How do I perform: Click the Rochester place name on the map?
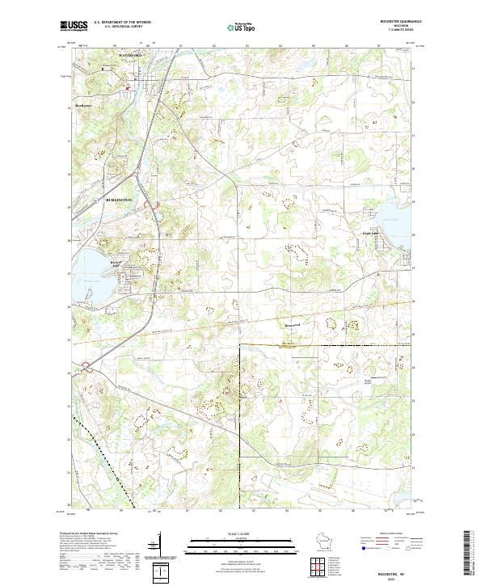click(x=85, y=105)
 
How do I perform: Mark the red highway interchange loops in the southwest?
click(x=86, y=369)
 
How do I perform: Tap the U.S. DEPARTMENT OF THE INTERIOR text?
click(x=122, y=23)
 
